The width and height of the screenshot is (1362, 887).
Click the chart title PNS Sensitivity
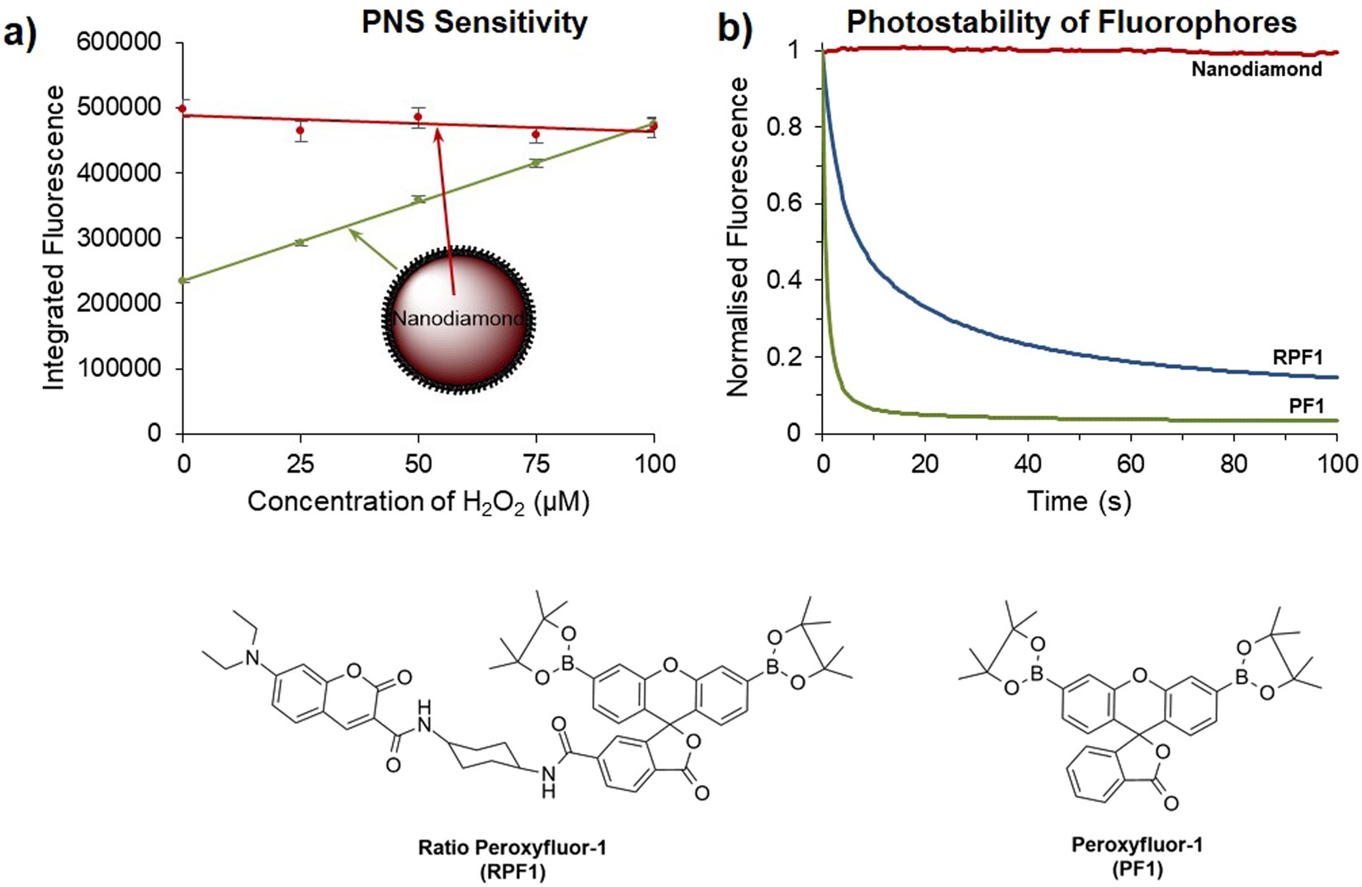(474, 22)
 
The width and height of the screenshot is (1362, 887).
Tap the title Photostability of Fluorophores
(1071, 22)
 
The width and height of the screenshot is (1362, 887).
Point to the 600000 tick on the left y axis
(119, 42)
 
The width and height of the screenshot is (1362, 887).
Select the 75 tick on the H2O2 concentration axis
(537, 464)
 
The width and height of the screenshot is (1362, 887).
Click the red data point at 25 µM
(300, 130)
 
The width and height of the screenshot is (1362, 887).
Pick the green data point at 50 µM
(419, 199)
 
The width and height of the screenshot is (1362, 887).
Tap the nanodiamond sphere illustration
(458, 318)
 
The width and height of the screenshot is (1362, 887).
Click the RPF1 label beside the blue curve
(1298, 357)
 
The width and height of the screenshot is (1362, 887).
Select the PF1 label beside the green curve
(1306, 405)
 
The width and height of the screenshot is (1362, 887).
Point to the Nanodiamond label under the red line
(1256, 69)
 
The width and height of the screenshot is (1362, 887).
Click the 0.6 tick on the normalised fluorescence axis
(783, 204)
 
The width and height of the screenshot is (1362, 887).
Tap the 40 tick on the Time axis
(1028, 464)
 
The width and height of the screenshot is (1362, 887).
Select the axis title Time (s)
(1078, 501)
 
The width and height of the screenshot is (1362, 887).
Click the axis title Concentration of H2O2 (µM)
(419, 502)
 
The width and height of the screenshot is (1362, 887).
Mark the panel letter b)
(734, 29)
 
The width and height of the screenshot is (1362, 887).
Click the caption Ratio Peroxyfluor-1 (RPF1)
(512, 858)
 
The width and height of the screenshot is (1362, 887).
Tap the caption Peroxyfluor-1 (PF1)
(1137, 856)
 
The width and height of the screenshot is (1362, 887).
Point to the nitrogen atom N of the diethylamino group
(253, 658)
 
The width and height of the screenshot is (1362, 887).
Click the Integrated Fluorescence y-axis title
(54, 238)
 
